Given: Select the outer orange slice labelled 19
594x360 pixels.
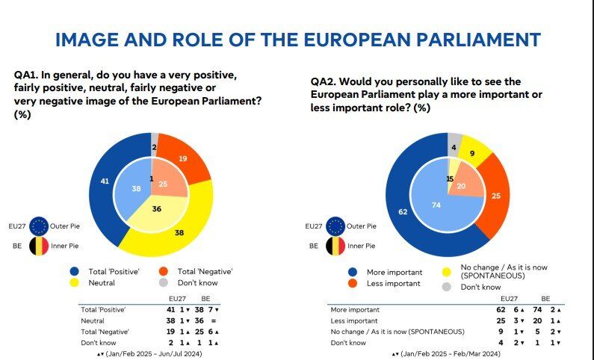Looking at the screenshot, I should (x=182, y=158).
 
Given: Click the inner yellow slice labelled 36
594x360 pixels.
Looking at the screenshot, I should (x=158, y=211).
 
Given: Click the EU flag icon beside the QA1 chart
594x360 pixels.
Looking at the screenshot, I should (x=39, y=226).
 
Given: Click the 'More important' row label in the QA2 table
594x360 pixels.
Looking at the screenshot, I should (x=356, y=309).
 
